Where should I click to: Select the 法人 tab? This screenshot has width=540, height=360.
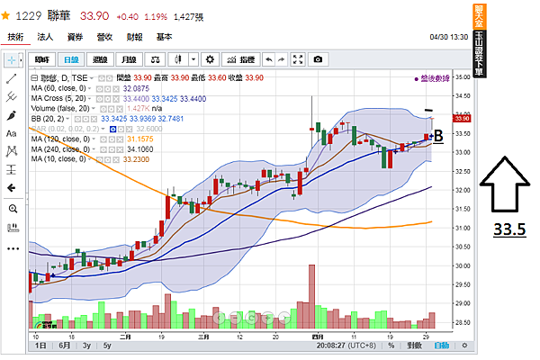click(x=46, y=37)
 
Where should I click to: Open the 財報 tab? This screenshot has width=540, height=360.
click(x=135, y=37)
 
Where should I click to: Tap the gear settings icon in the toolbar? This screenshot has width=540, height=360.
click(x=211, y=59)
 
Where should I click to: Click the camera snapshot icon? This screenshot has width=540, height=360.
click(x=317, y=59)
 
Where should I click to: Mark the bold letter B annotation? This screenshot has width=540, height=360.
click(x=438, y=136)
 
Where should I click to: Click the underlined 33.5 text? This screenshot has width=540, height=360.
click(x=508, y=229)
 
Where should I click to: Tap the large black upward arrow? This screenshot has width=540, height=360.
click(x=508, y=184)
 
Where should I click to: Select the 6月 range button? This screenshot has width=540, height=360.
click(x=64, y=346)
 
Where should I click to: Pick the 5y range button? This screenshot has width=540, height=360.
click(x=107, y=346)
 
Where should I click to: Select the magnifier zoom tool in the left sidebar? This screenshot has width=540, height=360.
click(x=13, y=208)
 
